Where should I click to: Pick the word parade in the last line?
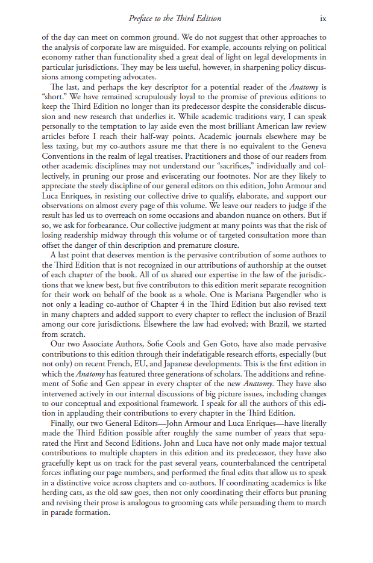pyautogui.click(x=64, y=513)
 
